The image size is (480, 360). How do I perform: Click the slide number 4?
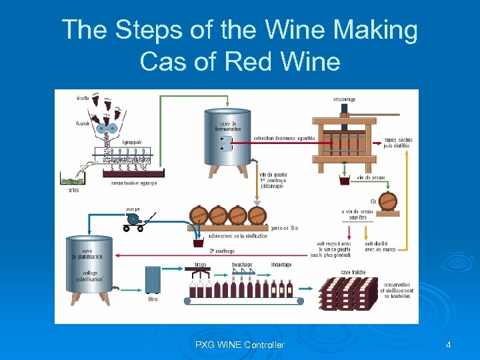(x=448, y=345)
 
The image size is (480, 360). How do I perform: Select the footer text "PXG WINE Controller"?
(x=240, y=345)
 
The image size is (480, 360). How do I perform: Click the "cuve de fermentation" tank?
(x=227, y=140)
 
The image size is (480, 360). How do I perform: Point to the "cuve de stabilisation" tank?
(x=87, y=267)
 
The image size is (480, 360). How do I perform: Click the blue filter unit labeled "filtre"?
(x=153, y=280)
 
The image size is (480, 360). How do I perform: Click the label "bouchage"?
(x=242, y=265)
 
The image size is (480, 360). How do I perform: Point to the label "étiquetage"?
(x=281, y=265)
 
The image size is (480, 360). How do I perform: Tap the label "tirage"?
(x=200, y=265)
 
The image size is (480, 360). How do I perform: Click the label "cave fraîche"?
(x=353, y=272)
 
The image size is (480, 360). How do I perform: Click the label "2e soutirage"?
(x=221, y=251)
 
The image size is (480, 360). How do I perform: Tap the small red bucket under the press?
(x=345, y=181)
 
